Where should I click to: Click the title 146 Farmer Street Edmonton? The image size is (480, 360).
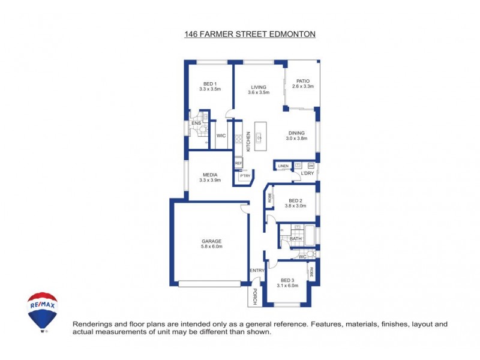pyautogui.click(x=250, y=35)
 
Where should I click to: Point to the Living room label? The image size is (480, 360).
pyautogui.click(x=259, y=88)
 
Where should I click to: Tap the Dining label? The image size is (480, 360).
pyautogui.click(x=296, y=133)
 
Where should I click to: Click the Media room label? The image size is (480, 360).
pyautogui.click(x=210, y=175)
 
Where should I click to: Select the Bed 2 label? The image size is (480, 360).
pyautogui.click(x=297, y=201)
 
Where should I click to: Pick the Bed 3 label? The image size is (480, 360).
pyautogui.click(x=288, y=281)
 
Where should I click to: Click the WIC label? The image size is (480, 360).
pyautogui.click(x=221, y=136)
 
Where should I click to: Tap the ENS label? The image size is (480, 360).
pyautogui.click(x=196, y=123)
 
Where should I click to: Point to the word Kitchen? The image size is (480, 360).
pyautogui.click(x=248, y=141)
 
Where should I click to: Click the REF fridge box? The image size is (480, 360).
pyautogui.click(x=238, y=163)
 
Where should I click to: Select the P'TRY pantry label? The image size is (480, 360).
pyautogui.click(x=244, y=175)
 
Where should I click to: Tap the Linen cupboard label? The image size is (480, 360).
pyautogui.click(x=283, y=166)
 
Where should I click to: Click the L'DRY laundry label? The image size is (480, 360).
pyautogui.click(x=308, y=173)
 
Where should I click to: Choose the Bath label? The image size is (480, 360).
pyautogui.click(x=296, y=239)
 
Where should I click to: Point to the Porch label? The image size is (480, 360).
pyautogui.click(x=255, y=296)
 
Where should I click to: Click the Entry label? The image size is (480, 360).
pyautogui.click(x=257, y=271)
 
